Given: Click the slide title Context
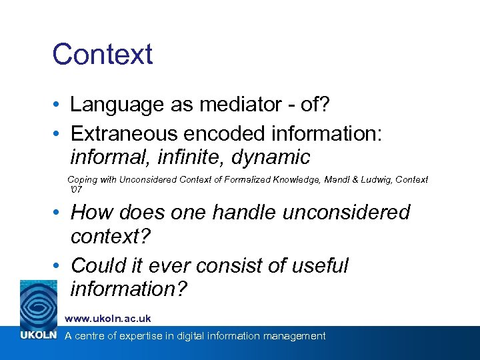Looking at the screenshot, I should (x=103, y=55).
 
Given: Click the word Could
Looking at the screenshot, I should (x=97, y=265).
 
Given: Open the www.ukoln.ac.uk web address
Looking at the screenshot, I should (x=107, y=319).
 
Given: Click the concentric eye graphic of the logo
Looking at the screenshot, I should (x=39, y=303).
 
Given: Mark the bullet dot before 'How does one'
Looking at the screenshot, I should (x=58, y=213).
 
